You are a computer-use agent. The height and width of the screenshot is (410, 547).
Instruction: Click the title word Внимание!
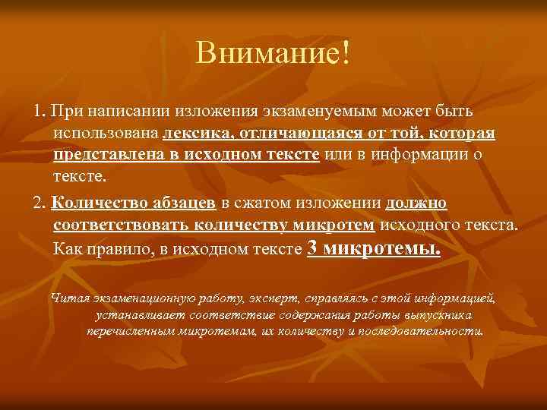273,53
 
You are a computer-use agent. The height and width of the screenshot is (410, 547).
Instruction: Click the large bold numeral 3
311,248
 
